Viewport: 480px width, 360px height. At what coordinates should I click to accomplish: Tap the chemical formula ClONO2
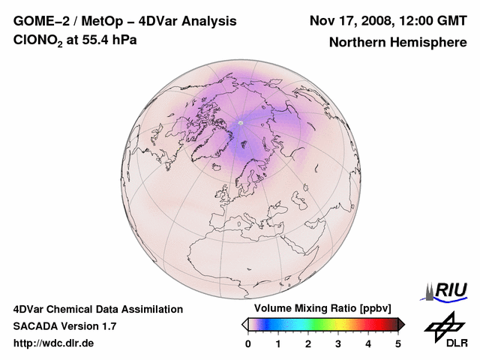[43, 40]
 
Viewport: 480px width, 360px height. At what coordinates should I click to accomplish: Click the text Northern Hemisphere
[397, 43]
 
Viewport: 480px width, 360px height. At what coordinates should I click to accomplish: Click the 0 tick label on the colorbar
[248, 343]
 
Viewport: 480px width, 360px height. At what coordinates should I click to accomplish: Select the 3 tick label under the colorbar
[338, 343]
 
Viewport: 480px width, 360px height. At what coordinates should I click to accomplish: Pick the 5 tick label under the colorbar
[398, 343]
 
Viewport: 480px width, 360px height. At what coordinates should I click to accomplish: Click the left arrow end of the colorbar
[244, 324]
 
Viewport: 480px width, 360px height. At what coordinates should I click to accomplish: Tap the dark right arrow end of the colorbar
[401, 324]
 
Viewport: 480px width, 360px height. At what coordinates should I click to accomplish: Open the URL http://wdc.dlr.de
[54, 343]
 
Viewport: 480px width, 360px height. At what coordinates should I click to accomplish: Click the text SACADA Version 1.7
[64, 326]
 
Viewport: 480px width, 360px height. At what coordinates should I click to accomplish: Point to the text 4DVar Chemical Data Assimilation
[97, 309]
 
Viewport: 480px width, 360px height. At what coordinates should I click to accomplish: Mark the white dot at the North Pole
[241, 122]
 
